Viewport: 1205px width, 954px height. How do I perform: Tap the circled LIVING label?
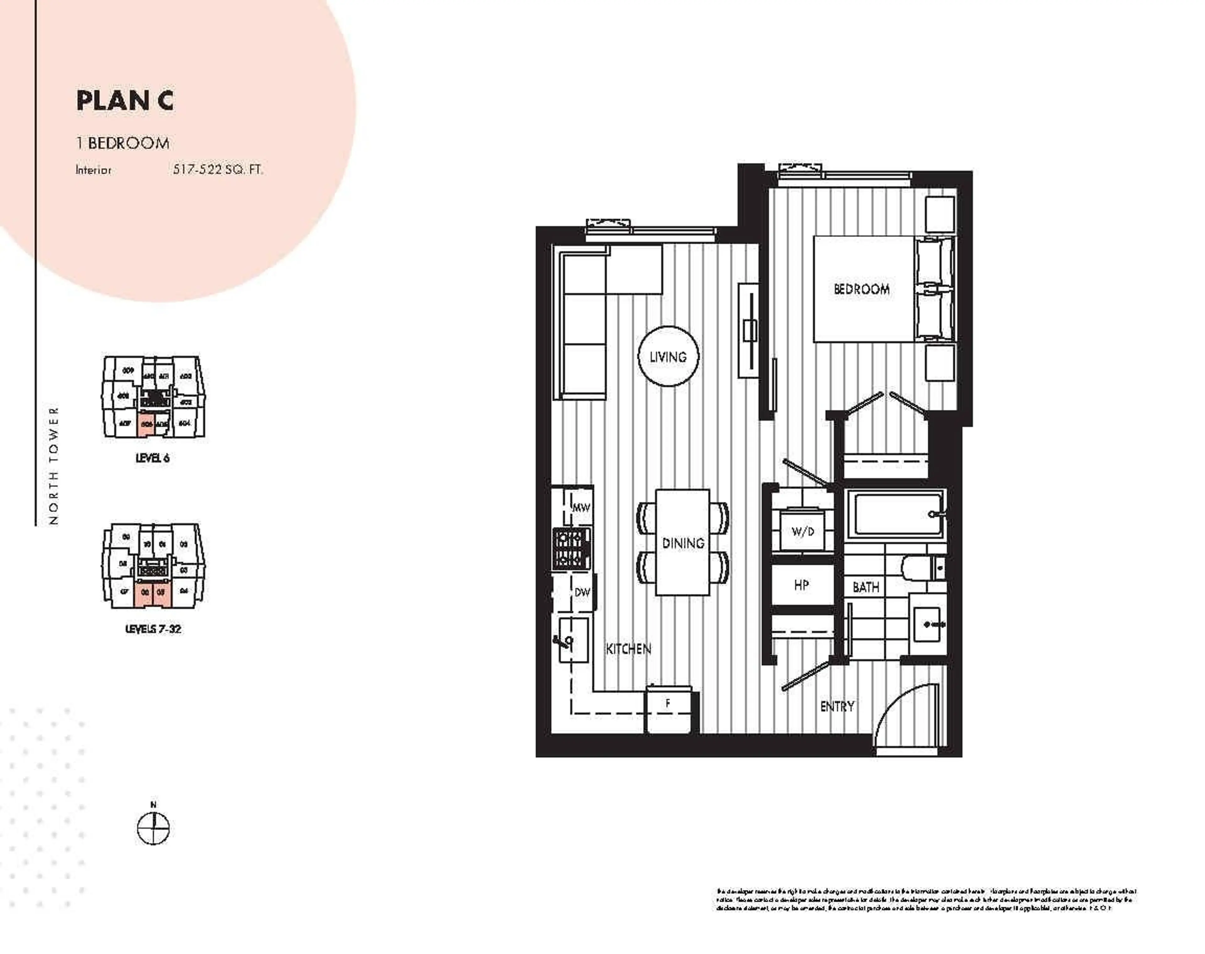pos(668,356)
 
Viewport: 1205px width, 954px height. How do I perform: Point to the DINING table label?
pos(683,543)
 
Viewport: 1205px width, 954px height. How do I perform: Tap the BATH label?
pos(865,587)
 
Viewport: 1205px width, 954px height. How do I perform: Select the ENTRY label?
pos(837,707)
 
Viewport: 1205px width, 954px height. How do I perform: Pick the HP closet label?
pos(801,585)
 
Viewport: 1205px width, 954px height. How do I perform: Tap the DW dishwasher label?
pos(582,592)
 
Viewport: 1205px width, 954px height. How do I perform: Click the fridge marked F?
pos(668,709)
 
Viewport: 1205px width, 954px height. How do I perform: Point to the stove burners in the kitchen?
pos(571,549)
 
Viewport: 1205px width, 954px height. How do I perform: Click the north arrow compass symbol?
pos(153,828)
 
